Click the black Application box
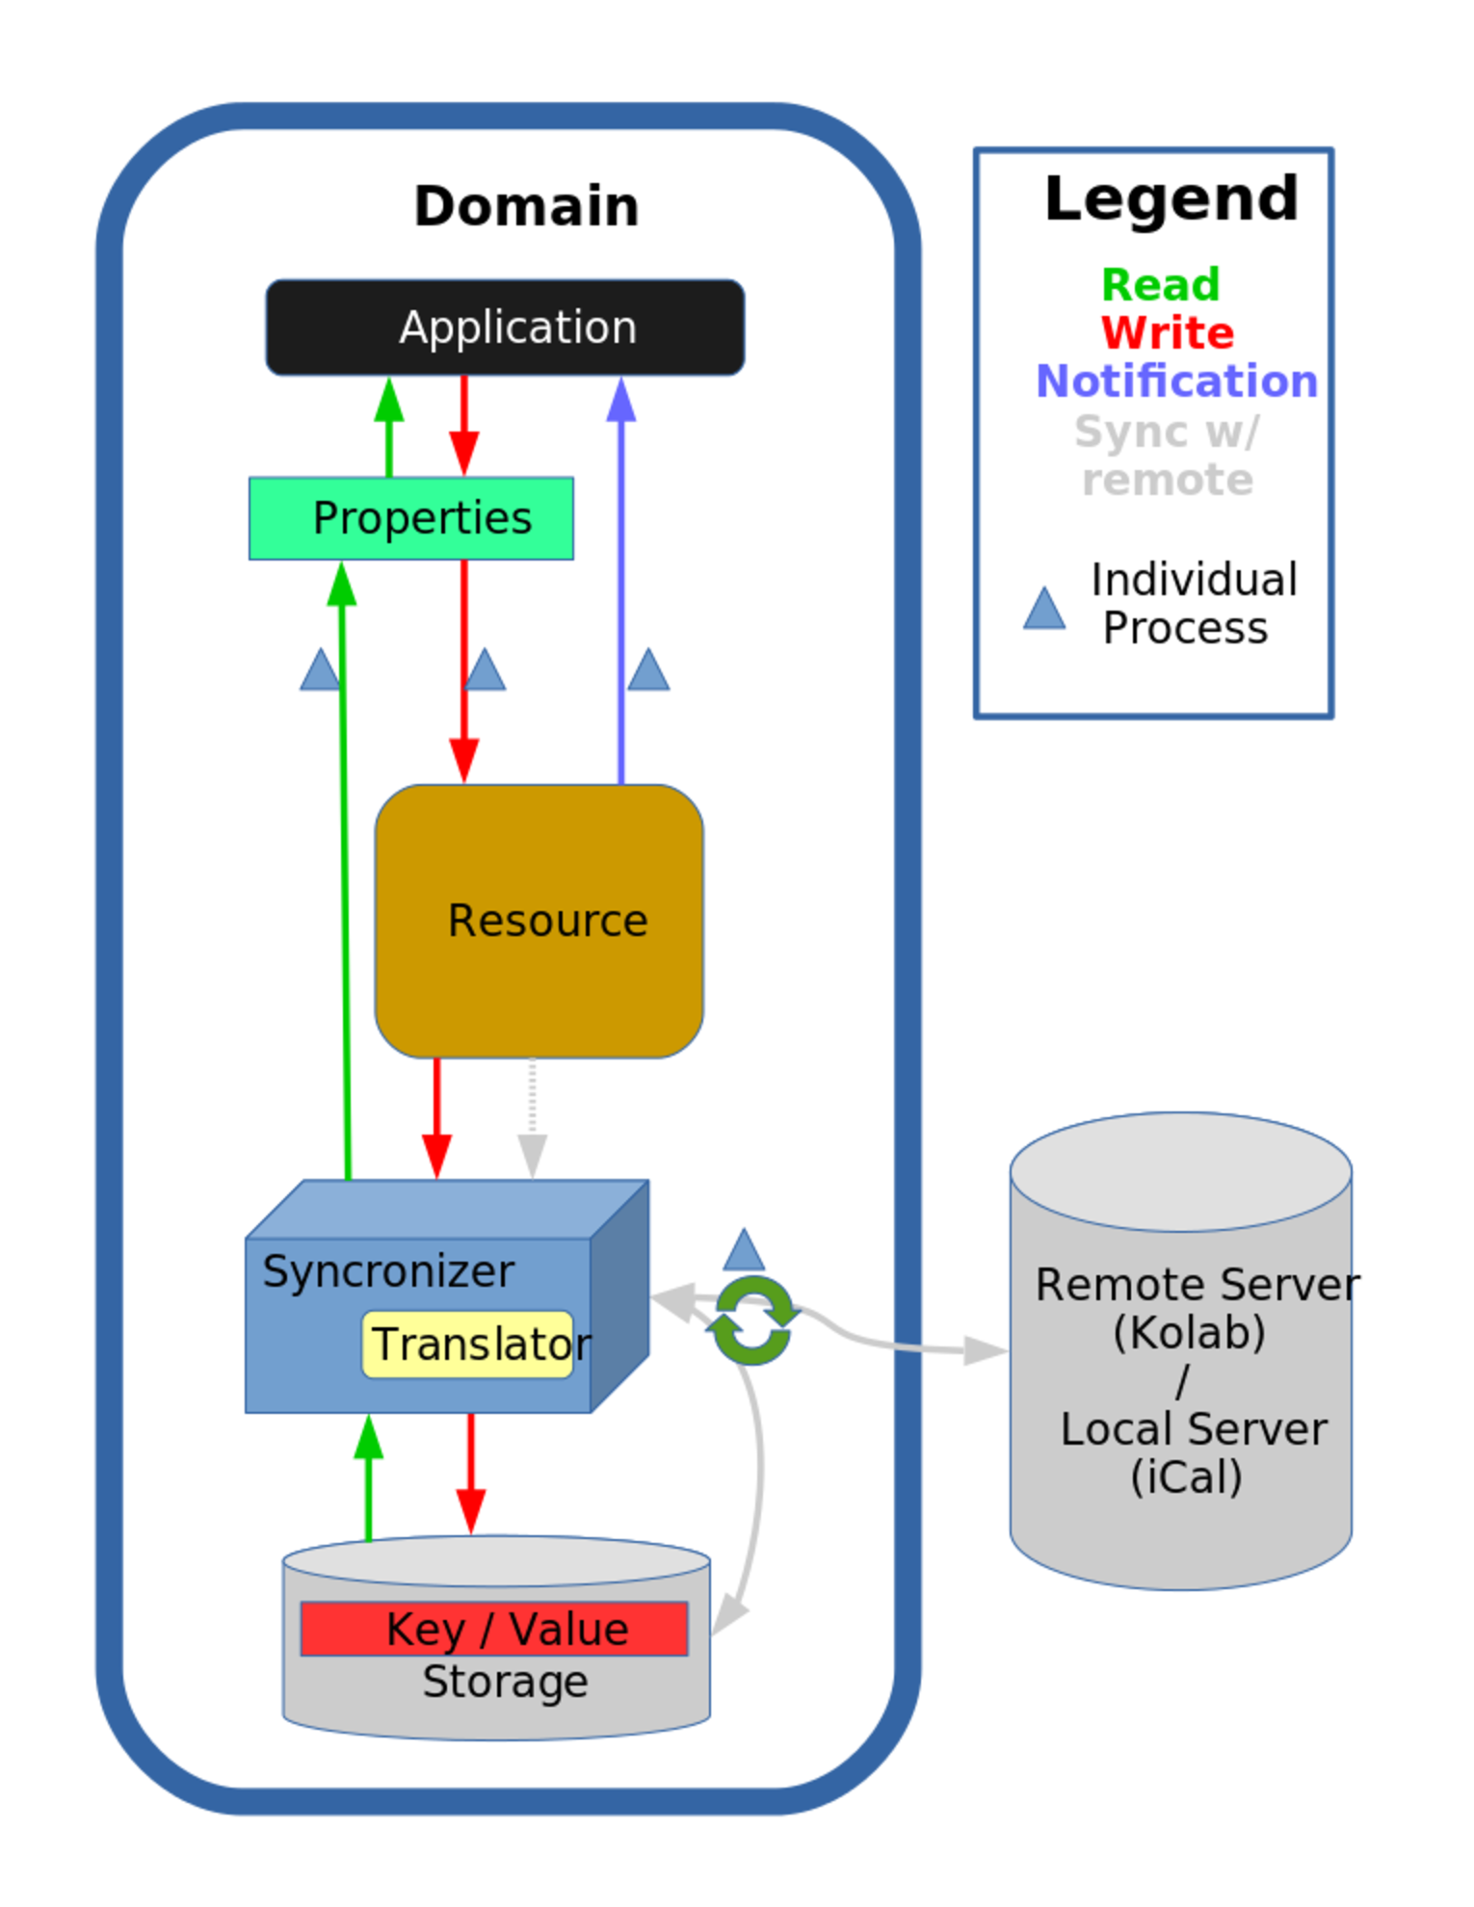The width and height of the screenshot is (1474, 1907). coord(505,327)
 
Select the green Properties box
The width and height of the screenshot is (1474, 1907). coord(411,518)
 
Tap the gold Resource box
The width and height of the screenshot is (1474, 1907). coord(540,921)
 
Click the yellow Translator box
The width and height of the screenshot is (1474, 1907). coord(469,1345)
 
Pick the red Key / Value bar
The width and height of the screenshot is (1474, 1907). coord(494,1629)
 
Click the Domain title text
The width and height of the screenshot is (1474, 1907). coord(526,206)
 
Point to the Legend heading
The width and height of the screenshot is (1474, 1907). coord(1171,198)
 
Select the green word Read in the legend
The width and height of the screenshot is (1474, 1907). coord(1161,285)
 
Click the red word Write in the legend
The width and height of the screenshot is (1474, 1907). coord(1168,333)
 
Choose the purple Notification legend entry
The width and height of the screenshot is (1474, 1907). coord(1176,381)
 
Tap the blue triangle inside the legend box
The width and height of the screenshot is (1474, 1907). coord(1044,610)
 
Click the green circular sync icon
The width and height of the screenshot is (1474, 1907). coord(753,1320)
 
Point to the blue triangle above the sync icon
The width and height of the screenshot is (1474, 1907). coord(744,1251)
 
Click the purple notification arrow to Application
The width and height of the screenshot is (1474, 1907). coord(621,578)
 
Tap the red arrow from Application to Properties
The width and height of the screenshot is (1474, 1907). coord(464,424)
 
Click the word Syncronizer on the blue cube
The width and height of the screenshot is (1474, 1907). coord(388,1271)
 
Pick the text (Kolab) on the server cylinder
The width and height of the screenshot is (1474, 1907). coord(1189,1333)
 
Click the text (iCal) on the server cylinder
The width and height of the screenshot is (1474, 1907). coord(1186,1477)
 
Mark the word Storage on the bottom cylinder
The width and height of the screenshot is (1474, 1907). coord(505,1682)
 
